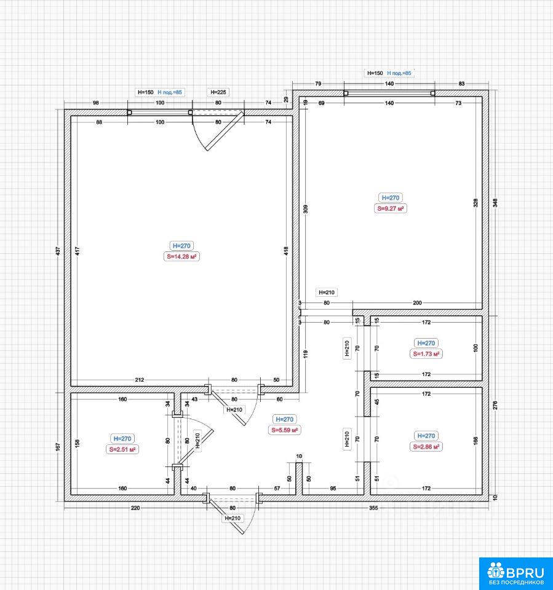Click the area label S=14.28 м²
(x=181, y=257)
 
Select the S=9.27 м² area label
(x=391, y=208)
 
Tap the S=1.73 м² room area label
(x=426, y=354)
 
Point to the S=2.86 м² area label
(x=426, y=447)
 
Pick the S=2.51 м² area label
(x=122, y=449)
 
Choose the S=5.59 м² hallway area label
(x=284, y=430)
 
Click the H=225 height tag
(x=218, y=92)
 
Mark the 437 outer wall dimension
(x=58, y=251)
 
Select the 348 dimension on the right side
(x=495, y=203)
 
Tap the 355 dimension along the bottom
(x=373, y=508)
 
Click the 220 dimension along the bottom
(x=135, y=508)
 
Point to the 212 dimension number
(x=140, y=380)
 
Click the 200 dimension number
(x=418, y=302)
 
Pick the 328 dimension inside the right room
(x=475, y=203)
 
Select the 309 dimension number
(x=306, y=209)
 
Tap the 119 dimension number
(x=306, y=354)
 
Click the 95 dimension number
(x=333, y=489)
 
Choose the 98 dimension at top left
(x=96, y=103)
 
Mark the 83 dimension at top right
(x=462, y=84)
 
